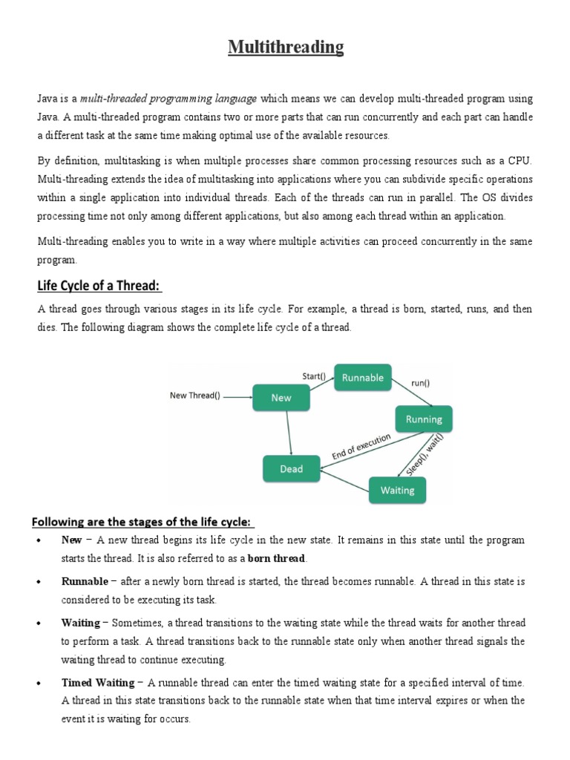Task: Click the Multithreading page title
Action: pyautogui.click(x=286, y=48)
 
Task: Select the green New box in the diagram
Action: pyautogui.click(x=281, y=398)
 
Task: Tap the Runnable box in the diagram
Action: pyautogui.click(x=362, y=378)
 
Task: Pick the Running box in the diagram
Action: pyautogui.click(x=424, y=419)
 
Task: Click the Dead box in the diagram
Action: pyautogui.click(x=291, y=468)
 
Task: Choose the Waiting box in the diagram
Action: pyautogui.click(x=397, y=490)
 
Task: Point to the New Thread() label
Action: pyautogui.click(x=195, y=396)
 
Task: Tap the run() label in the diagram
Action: pyautogui.click(x=420, y=383)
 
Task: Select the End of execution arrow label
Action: pyautogui.click(x=361, y=448)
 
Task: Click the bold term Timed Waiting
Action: pyautogui.click(x=98, y=683)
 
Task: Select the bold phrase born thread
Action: pyautogui.click(x=277, y=558)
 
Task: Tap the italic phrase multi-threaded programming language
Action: pyautogui.click(x=168, y=98)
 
